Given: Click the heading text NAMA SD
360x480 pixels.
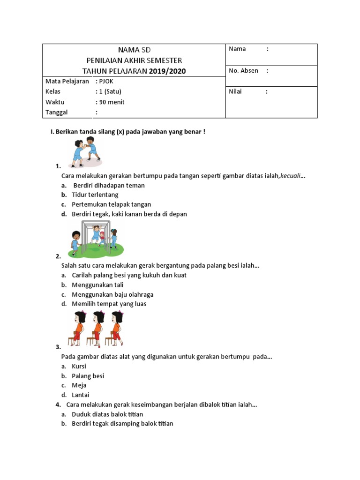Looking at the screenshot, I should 134,50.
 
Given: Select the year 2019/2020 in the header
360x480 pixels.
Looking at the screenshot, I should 167,71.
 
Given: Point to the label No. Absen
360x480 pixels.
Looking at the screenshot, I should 243,71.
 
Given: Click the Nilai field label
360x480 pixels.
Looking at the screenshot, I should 235,91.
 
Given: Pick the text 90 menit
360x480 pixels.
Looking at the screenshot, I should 112,102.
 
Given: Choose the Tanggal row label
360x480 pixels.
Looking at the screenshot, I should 57,112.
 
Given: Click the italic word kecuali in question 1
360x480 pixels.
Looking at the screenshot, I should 291,176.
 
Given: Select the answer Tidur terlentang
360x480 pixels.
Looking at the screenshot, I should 95,195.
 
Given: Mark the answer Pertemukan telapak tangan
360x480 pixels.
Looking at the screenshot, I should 112,204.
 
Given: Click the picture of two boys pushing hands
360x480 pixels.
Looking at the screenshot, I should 86,152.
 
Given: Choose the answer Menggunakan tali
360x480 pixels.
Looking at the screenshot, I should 97,285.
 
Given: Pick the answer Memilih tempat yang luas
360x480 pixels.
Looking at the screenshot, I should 109,304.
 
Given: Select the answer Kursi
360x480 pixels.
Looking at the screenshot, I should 79,366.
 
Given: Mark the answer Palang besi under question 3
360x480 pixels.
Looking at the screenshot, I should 88,376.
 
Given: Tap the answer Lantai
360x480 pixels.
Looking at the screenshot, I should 81,395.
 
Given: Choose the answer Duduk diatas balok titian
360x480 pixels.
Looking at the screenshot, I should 107,414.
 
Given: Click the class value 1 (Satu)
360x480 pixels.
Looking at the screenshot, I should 110,91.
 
